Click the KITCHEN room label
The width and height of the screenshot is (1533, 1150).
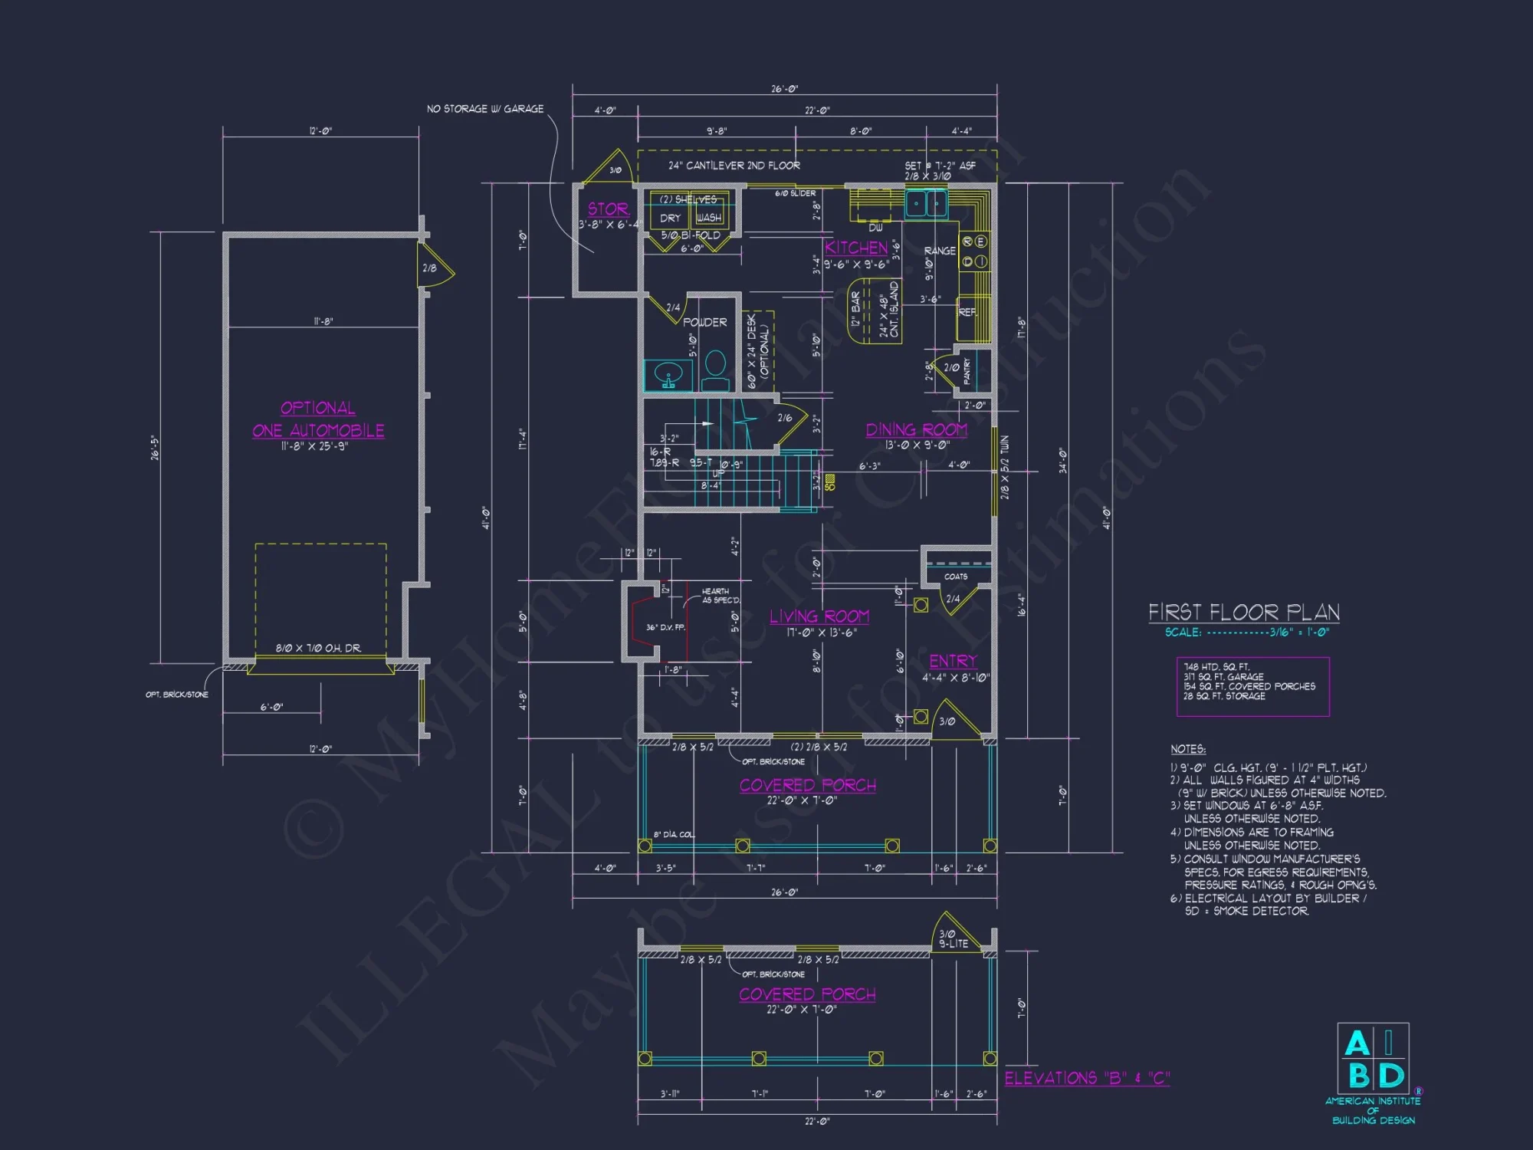pos(855,248)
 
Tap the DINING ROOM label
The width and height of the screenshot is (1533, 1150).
pos(916,430)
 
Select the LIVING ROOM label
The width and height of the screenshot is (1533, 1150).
pos(819,616)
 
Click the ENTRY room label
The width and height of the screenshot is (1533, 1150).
pos(953,661)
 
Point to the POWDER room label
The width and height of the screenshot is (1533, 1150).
pos(704,323)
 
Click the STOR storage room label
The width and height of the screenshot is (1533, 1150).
pos(608,209)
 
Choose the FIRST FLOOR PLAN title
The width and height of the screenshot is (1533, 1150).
pos(1243,613)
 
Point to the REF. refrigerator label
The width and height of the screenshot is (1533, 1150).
pos(967,313)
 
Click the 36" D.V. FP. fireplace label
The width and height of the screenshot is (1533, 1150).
pos(665,628)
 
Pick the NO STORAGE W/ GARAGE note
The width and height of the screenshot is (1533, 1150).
pos(485,109)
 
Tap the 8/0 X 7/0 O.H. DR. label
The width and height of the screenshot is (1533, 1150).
pos(318,649)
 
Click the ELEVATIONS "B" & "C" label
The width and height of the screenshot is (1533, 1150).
pos(1087,1078)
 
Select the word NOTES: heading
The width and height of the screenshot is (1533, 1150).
pos(1187,749)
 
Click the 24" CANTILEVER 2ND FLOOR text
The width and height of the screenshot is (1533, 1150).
pos(734,166)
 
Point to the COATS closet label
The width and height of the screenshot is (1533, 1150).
pos(955,577)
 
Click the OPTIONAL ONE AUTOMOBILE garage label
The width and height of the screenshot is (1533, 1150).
pos(318,419)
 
